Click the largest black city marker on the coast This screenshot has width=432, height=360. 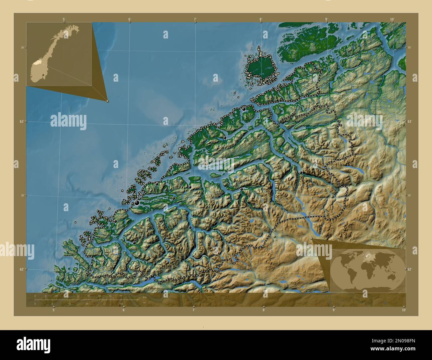137,203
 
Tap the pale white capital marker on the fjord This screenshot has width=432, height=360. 206,164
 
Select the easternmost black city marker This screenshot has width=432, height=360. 301,172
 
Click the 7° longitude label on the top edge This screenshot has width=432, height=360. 195,19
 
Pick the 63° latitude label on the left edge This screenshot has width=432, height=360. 21,122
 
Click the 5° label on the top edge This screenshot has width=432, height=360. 64,19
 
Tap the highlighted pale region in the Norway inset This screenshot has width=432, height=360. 40,61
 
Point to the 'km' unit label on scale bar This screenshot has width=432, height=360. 144,297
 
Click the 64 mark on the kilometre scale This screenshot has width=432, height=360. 121,296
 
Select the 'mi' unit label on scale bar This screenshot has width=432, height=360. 144,303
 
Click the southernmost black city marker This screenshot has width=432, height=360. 134,243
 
